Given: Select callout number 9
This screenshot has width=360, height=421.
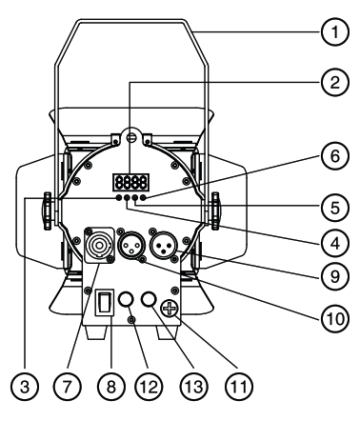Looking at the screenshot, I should point(332,271).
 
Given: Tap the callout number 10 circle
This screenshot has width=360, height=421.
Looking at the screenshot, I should point(332,313).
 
